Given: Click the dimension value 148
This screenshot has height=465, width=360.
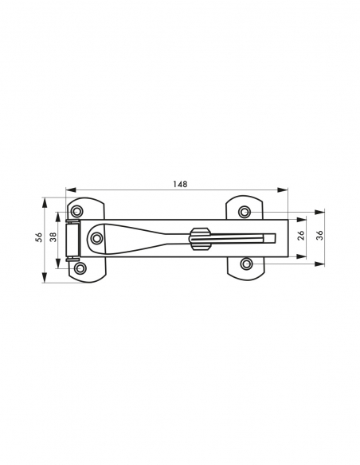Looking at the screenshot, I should [x=180, y=184].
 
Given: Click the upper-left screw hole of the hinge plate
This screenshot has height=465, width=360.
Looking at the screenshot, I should [x=77, y=211].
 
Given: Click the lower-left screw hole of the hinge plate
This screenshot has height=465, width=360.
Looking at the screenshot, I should [x=80, y=268].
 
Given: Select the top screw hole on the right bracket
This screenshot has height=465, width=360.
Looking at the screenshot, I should [x=245, y=210].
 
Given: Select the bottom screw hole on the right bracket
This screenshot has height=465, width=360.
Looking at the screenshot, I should [x=247, y=263].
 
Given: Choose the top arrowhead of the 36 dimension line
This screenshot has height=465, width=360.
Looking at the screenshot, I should [x=319, y=213].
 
